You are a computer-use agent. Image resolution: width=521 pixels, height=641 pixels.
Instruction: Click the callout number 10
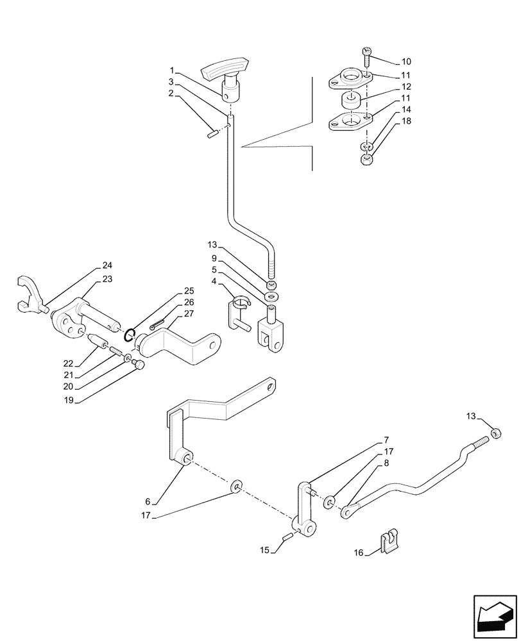pos(406,62)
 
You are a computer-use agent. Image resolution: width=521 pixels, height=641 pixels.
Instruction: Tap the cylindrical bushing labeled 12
pos(350,101)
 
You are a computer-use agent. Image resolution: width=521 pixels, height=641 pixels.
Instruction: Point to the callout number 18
pos(406,121)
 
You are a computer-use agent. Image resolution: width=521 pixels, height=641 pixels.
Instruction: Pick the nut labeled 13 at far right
pos(495,435)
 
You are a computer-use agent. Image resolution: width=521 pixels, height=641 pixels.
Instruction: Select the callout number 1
pos(172,70)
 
